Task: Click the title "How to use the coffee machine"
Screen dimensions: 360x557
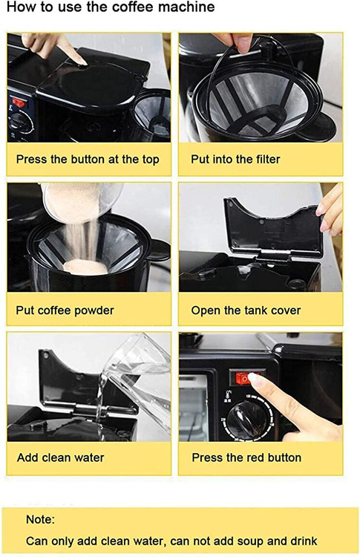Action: click(111, 7)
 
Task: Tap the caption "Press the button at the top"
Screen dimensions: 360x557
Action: click(88, 160)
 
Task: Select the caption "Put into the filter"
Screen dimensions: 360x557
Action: click(235, 159)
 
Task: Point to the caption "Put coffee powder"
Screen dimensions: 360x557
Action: click(65, 310)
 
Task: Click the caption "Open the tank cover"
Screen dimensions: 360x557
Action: click(246, 310)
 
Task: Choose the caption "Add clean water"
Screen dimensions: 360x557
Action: click(60, 457)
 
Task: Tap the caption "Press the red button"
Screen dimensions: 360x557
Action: click(246, 457)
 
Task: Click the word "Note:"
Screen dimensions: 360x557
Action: click(40, 520)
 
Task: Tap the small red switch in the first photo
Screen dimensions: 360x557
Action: click(19, 103)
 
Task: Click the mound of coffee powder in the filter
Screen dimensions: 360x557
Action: click(85, 267)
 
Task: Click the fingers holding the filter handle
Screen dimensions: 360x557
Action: click(235, 42)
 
